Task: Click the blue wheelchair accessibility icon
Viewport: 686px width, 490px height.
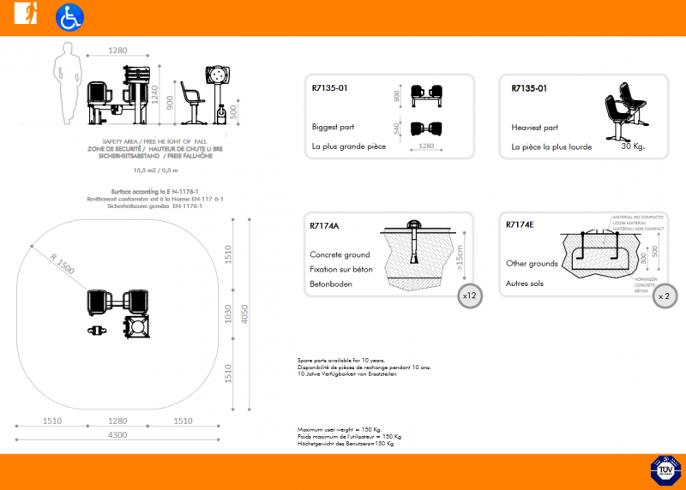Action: (x=69, y=17)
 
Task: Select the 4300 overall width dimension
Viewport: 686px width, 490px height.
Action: (x=117, y=435)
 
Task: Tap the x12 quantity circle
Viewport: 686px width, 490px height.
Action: (x=469, y=295)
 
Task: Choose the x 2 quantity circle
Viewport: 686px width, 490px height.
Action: (x=664, y=295)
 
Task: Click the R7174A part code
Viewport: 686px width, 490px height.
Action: (x=325, y=226)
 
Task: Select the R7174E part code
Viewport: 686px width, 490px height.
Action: (x=521, y=225)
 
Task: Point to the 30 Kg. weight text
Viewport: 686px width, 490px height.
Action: (x=632, y=146)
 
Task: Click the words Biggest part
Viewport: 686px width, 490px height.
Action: (x=334, y=127)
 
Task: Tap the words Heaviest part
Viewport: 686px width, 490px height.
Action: (x=535, y=127)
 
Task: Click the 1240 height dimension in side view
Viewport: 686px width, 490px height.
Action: (x=156, y=93)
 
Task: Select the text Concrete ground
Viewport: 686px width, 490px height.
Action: (x=340, y=254)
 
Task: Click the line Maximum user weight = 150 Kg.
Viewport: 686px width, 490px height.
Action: (x=340, y=429)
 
